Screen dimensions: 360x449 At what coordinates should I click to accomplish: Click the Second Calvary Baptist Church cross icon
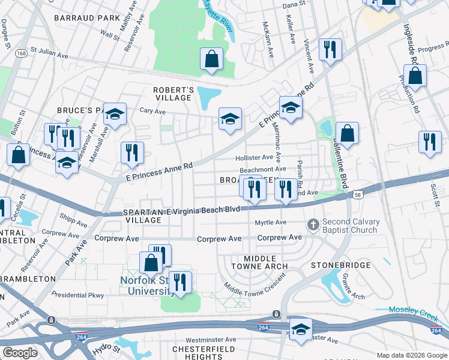[312, 225]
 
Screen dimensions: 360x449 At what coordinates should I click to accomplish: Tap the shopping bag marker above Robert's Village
[211, 59]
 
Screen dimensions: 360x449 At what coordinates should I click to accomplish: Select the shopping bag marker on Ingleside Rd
[415, 76]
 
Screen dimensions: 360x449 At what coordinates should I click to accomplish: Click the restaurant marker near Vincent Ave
[330, 50]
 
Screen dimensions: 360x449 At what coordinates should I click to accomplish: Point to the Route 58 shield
[358, 194]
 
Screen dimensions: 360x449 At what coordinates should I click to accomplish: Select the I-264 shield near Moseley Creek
[436, 331]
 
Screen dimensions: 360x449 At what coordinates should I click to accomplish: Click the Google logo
[20, 353]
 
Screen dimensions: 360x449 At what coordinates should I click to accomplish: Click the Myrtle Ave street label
[271, 222]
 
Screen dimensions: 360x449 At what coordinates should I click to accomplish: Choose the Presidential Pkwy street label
[77, 295]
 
